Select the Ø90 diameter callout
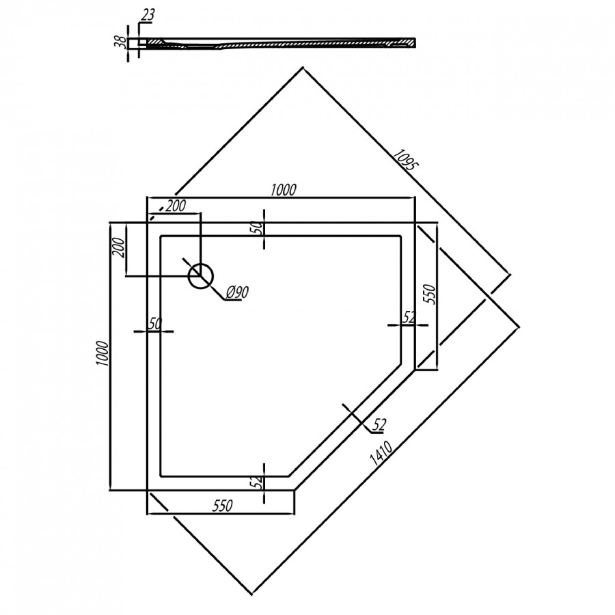pyautogui.click(x=236, y=292)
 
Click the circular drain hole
pyautogui.click(x=201, y=275)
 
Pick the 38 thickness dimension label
pyautogui.click(x=120, y=42)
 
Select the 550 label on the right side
pyautogui.click(x=430, y=295)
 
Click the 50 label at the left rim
pyautogui.click(x=154, y=323)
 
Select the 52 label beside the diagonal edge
pyautogui.click(x=380, y=425)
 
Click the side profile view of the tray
pyautogui.click(x=280, y=43)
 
